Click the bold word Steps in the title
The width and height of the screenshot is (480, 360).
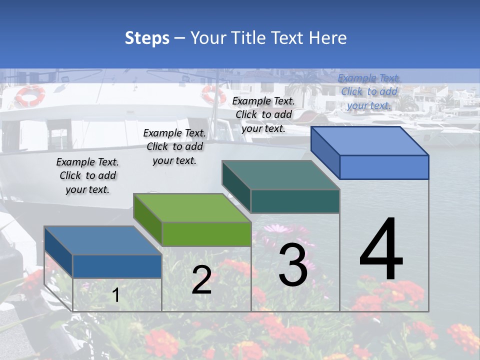pyautogui.click(x=147, y=38)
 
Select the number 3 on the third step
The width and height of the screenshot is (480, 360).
pyautogui.click(x=293, y=265)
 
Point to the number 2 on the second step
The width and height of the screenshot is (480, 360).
pyautogui.click(x=201, y=280)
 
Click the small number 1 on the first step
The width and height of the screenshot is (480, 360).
pyautogui.click(x=116, y=295)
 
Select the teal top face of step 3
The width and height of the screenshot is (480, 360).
pyautogui.click(x=280, y=175)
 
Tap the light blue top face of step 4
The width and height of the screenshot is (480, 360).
pyautogui.click(x=370, y=141)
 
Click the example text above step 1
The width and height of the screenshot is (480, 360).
pyautogui.click(x=87, y=175)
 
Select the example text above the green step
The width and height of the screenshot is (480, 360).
pyautogui.click(x=174, y=146)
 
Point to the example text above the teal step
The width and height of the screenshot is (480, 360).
pyautogui.click(x=263, y=114)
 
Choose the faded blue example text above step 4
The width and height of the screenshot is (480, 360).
pyautogui.click(x=369, y=91)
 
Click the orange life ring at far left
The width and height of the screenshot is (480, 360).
pyautogui.click(x=30, y=95)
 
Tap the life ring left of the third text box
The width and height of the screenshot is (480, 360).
pyautogui.click(x=213, y=94)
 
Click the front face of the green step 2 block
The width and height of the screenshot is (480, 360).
pyautogui.click(x=206, y=234)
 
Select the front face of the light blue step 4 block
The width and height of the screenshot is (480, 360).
pyautogui.click(x=384, y=167)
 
